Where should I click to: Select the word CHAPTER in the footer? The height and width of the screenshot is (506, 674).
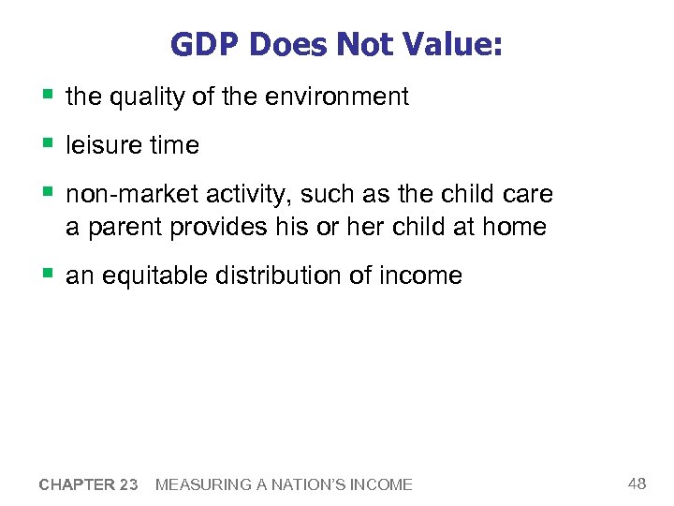pos(76,484)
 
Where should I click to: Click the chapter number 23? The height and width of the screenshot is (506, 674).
pos(128,484)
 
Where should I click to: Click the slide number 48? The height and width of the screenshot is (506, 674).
pos(637,484)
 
